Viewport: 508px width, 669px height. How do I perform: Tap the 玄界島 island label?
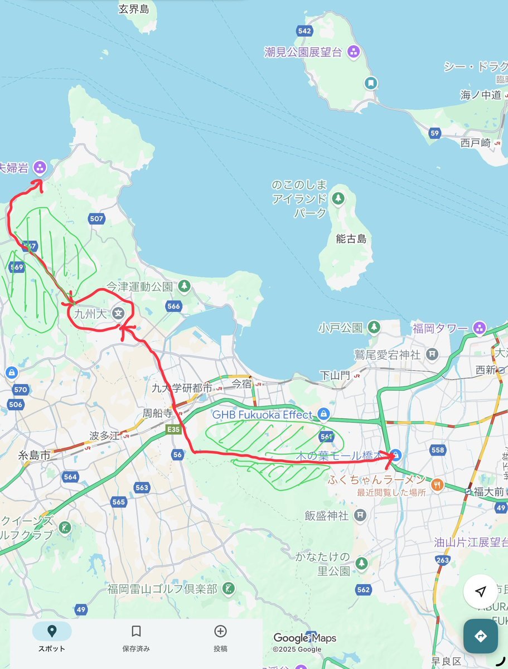(134, 8)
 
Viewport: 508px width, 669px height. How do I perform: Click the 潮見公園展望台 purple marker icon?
(352, 52)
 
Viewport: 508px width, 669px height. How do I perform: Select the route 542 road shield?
(304, 31)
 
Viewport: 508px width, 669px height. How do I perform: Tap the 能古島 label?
(351, 239)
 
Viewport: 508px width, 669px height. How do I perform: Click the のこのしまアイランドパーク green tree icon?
(338, 198)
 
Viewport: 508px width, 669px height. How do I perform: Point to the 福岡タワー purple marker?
(479, 328)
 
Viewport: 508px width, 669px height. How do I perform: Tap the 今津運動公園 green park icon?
(185, 287)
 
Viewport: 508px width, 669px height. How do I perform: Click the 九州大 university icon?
(118, 313)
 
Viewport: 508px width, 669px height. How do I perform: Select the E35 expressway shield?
(173, 430)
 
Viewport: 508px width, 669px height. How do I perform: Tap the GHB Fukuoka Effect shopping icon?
(323, 414)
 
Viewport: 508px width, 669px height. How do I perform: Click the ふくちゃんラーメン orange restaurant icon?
(437, 484)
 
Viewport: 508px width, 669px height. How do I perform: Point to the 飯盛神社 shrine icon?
(361, 515)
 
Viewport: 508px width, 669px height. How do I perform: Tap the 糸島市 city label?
(34, 455)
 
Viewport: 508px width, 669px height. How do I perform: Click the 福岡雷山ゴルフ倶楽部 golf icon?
(228, 588)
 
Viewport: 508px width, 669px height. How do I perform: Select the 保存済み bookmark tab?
(136, 637)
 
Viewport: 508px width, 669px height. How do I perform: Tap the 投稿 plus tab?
(220, 637)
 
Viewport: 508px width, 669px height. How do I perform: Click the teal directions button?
(481, 636)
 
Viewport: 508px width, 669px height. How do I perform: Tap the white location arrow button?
(481, 592)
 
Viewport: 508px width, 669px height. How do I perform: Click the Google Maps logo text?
(304, 638)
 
